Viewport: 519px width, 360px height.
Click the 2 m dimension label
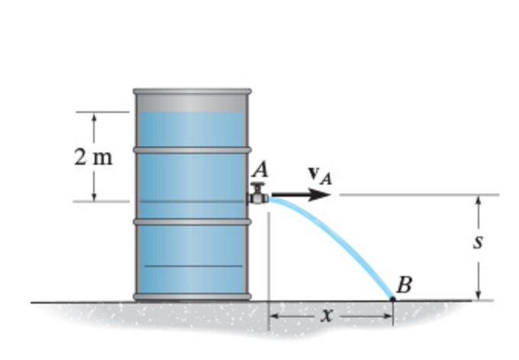pyautogui.click(x=93, y=158)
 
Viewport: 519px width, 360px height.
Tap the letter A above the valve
pyautogui.click(x=259, y=172)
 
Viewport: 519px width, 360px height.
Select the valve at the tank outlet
pyautogui.click(x=258, y=196)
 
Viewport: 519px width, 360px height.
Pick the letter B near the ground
pyautogui.click(x=405, y=286)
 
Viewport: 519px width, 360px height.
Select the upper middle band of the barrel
pyautogui.click(x=192, y=149)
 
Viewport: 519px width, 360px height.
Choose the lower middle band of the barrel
pyautogui.click(x=192, y=222)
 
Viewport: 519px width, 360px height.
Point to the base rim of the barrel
pyautogui.click(x=192, y=296)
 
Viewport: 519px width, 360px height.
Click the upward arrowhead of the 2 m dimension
pyautogui.click(x=94, y=117)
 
